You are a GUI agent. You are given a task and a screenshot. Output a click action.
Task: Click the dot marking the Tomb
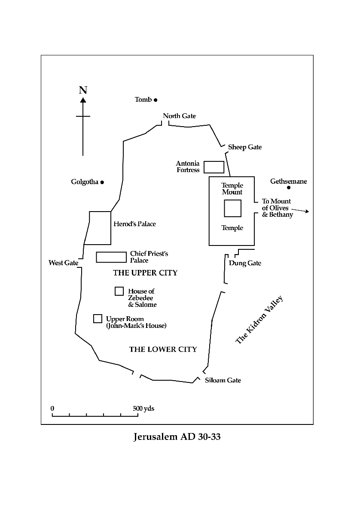[x=156, y=100]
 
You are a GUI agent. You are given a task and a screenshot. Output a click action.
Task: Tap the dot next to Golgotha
[x=102, y=182]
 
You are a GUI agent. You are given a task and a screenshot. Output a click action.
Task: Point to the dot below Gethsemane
[x=289, y=188]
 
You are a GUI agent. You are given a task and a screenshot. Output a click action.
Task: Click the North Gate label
[x=179, y=116]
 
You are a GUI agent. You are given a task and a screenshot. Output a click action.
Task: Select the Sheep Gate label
[x=245, y=147]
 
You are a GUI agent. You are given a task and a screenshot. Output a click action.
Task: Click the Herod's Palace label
[x=134, y=224]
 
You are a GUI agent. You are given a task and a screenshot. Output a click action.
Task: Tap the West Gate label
[x=63, y=263]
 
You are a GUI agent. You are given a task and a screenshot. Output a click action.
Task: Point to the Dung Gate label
[x=245, y=263]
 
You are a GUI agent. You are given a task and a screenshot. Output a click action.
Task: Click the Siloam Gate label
[x=223, y=380]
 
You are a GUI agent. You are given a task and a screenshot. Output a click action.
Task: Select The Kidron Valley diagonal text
[x=259, y=320]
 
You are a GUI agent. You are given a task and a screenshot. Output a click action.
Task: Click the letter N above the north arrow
[x=83, y=90]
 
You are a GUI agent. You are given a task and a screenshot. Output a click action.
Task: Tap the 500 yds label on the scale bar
[x=143, y=409]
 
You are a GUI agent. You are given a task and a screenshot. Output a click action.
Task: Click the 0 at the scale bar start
[x=52, y=409]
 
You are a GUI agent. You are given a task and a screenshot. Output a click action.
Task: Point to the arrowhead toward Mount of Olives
[x=307, y=212]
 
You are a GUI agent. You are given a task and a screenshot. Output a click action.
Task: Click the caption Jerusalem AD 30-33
[x=177, y=437]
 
